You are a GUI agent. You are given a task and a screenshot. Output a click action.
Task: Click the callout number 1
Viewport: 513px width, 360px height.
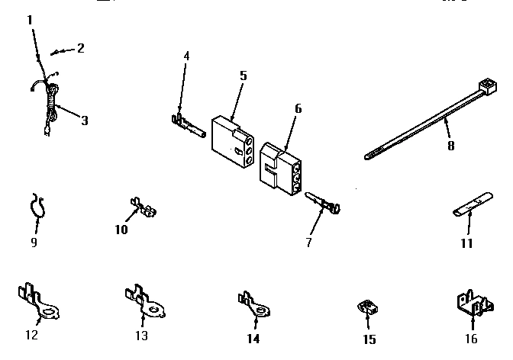coord(30,20)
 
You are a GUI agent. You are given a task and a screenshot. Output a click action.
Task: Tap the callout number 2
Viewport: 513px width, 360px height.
coord(80,48)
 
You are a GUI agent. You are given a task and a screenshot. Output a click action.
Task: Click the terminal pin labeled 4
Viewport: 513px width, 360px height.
coord(186,124)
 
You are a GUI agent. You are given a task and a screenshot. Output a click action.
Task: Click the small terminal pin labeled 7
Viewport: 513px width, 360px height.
coord(324,204)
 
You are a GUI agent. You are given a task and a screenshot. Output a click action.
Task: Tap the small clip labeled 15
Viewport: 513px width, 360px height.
coord(368,309)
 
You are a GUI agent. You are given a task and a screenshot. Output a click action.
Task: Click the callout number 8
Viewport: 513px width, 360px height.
coord(450,145)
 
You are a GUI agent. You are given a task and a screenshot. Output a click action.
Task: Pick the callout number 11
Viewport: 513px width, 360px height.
coord(466,243)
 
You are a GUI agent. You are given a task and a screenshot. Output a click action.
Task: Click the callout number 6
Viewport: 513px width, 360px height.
coord(298,108)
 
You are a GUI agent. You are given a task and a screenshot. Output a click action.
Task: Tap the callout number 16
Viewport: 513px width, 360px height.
coord(471,339)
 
